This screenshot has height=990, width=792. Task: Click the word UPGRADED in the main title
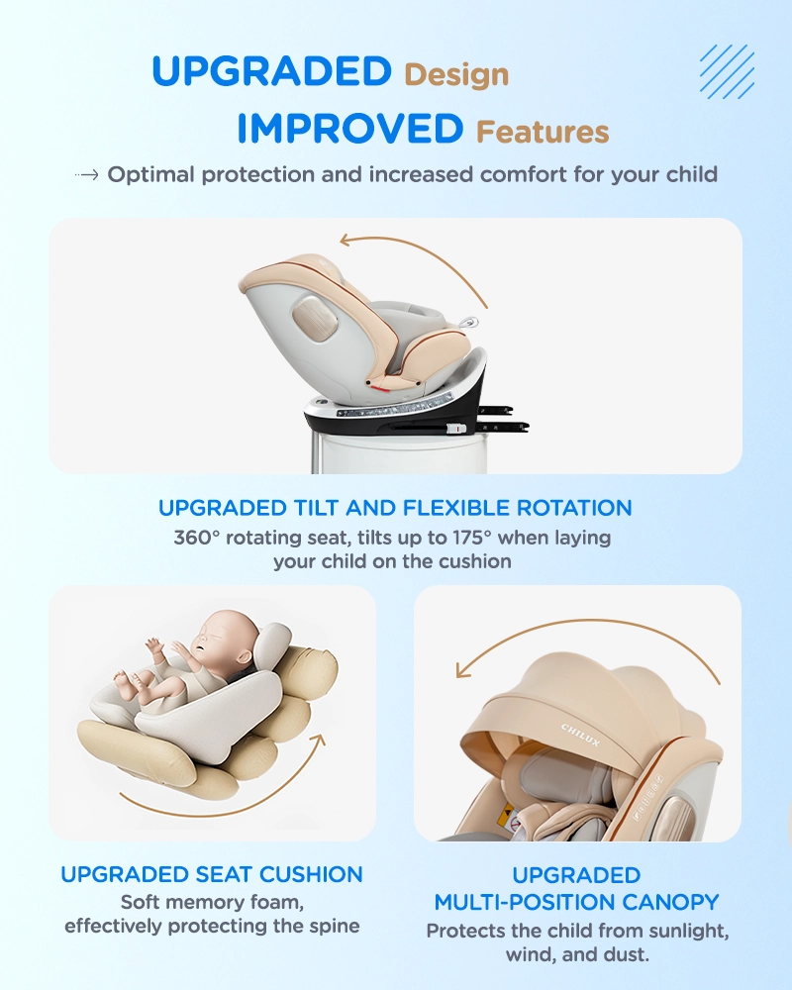point(271,70)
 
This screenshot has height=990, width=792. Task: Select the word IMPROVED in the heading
point(350,128)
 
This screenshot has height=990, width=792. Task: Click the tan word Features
point(543,132)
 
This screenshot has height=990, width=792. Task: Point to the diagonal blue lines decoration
point(727,71)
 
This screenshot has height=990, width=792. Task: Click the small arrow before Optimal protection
point(86,175)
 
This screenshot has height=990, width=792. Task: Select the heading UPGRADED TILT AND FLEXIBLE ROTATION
point(395,508)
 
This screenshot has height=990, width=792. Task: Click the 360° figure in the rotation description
point(196,538)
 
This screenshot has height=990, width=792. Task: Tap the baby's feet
point(125,682)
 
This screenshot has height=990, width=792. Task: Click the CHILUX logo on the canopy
point(580,735)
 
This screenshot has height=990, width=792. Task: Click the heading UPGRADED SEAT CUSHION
point(212,874)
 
